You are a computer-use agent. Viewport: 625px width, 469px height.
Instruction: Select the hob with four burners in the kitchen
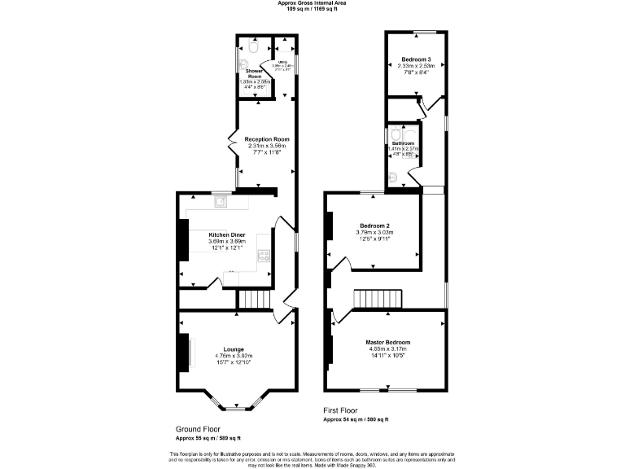coord(264,256)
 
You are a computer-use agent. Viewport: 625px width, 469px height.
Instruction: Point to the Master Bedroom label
coord(387,342)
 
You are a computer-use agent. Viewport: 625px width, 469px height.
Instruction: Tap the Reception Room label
coord(267,139)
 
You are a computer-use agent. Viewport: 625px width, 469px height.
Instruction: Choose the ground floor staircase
coord(253,300)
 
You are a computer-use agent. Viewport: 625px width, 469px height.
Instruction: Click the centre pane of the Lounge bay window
coord(236,409)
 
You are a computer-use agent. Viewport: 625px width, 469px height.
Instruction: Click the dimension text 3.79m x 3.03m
coord(374,232)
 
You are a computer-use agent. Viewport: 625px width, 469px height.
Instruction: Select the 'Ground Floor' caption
coord(198,428)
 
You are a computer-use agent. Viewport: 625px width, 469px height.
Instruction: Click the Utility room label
coord(283,61)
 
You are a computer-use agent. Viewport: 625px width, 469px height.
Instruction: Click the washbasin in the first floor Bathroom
coord(394,174)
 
